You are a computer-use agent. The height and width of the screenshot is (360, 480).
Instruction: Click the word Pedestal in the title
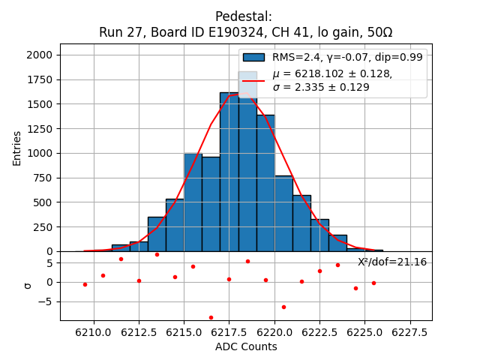(244, 16)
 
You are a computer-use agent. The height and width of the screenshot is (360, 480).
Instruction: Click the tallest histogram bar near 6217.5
(229, 172)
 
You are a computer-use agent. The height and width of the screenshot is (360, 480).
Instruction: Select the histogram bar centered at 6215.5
(193, 202)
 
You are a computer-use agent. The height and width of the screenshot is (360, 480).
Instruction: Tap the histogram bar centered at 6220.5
(283, 214)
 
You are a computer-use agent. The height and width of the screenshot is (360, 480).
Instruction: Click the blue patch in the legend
(253, 57)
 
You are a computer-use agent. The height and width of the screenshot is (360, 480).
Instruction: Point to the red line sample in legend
(253, 80)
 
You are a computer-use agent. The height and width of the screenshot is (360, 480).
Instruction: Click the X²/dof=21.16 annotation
(391, 262)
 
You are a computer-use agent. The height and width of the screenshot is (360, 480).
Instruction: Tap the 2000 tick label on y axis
(40, 55)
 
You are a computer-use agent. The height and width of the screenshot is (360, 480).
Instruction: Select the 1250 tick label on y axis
(40, 128)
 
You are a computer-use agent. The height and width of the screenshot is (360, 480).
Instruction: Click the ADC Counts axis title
(246, 346)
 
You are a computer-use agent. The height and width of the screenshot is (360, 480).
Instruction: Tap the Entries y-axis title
(17, 148)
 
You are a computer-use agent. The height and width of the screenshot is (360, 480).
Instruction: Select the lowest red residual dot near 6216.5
(211, 317)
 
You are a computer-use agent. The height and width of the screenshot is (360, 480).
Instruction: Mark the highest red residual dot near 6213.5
(157, 254)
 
